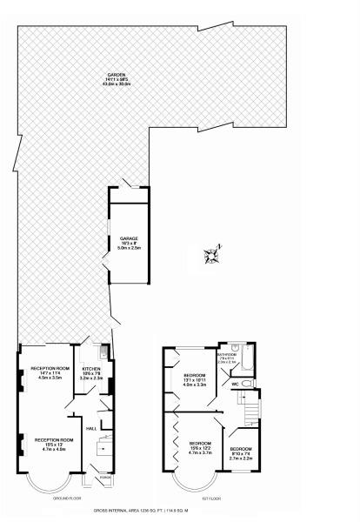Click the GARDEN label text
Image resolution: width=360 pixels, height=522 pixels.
tap(112, 74)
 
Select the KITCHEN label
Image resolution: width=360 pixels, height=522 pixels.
tap(91, 369)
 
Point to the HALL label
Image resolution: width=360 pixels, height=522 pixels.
tap(90, 427)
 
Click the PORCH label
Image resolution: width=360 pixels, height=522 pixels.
tap(105, 478)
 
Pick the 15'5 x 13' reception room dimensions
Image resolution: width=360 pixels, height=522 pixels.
tap(52, 445)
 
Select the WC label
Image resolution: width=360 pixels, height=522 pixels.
tap(234, 382)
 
